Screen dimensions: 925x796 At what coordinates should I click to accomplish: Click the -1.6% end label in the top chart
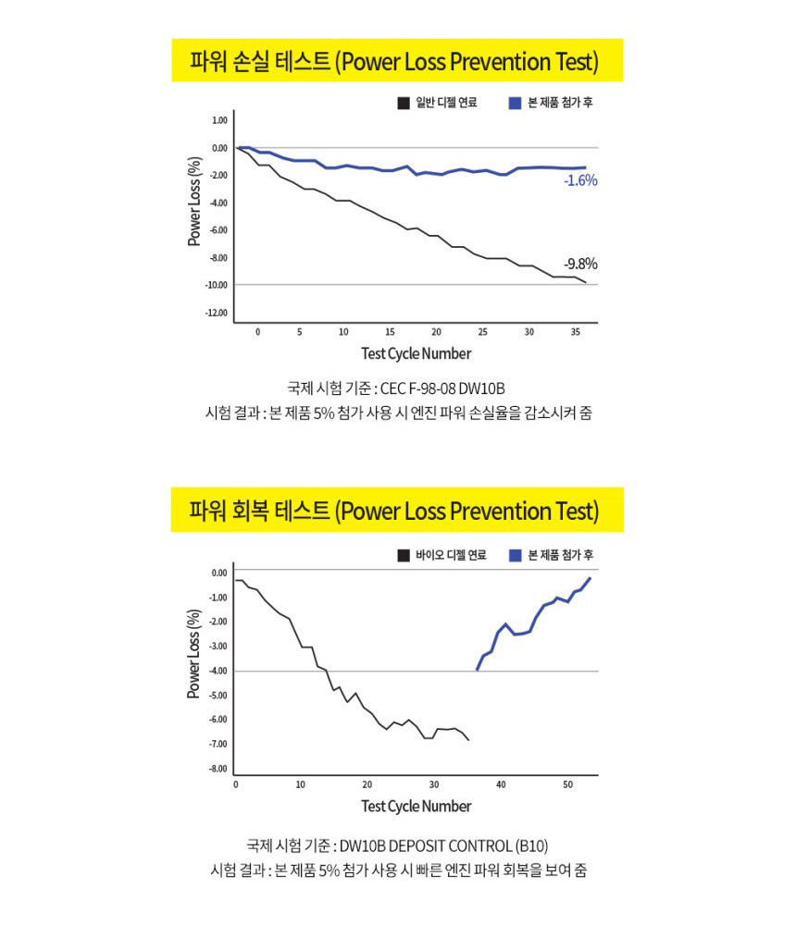(580, 181)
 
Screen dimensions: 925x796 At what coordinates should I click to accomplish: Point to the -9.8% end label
(580, 264)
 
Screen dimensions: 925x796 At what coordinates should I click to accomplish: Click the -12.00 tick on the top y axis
(216, 313)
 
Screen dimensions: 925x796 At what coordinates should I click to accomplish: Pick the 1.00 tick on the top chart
(218, 120)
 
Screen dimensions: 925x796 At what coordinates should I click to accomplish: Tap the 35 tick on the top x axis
(575, 331)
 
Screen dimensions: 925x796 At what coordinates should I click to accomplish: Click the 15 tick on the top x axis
(390, 331)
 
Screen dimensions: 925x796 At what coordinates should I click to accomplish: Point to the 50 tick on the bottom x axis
(566, 784)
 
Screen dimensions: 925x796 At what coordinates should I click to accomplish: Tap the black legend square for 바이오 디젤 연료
(404, 555)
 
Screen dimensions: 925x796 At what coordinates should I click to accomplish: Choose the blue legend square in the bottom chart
(516, 555)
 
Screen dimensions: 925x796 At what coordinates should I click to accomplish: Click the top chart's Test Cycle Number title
(416, 353)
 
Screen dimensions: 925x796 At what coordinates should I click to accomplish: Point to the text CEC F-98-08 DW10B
(442, 388)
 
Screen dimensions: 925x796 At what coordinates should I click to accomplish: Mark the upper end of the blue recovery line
(589, 578)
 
